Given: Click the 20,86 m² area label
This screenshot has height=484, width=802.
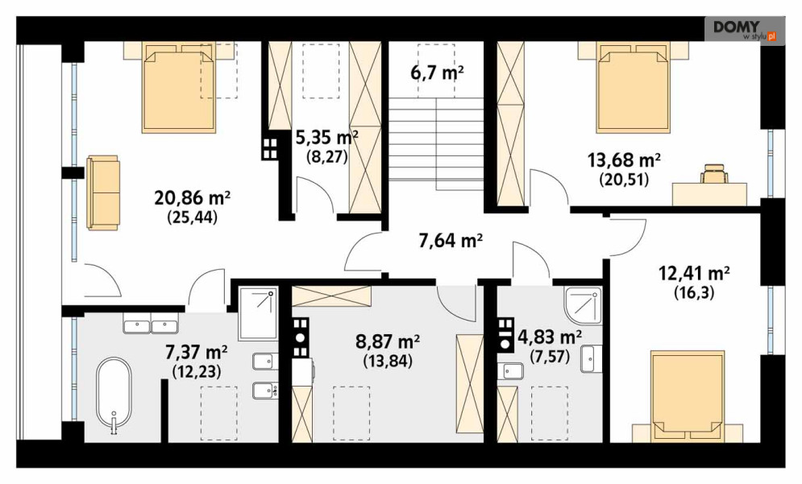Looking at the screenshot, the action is pyautogui.click(x=193, y=196).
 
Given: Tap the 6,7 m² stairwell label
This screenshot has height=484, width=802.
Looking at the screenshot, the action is pyautogui.click(x=437, y=73).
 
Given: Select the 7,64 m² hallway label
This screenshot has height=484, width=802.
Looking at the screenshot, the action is pyautogui.click(x=451, y=240).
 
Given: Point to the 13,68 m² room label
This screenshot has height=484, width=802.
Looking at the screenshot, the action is pyautogui.click(x=624, y=160).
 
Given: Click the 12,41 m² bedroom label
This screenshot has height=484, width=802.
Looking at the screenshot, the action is pyautogui.click(x=693, y=274).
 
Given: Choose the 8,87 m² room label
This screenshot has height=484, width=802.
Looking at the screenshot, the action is pyautogui.click(x=388, y=341).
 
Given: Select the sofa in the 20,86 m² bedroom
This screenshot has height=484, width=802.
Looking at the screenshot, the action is pyautogui.click(x=103, y=192).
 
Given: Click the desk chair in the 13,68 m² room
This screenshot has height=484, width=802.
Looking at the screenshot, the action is pyautogui.click(x=714, y=173).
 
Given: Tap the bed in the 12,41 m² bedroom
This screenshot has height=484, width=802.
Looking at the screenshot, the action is pyautogui.click(x=687, y=396).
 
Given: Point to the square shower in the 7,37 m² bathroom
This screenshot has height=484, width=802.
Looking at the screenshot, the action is pyautogui.click(x=258, y=313).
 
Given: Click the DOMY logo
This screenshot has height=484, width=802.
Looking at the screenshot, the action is pyautogui.click(x=744, y=30).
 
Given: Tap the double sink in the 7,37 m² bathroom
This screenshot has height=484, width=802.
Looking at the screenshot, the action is pyautogui.click(x=150, y=324).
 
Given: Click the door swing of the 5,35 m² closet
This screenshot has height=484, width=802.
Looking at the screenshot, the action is pyautogui.click(x=315, y=195).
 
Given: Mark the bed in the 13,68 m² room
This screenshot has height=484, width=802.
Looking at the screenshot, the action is pyautogui.click(x=634, y=88).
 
